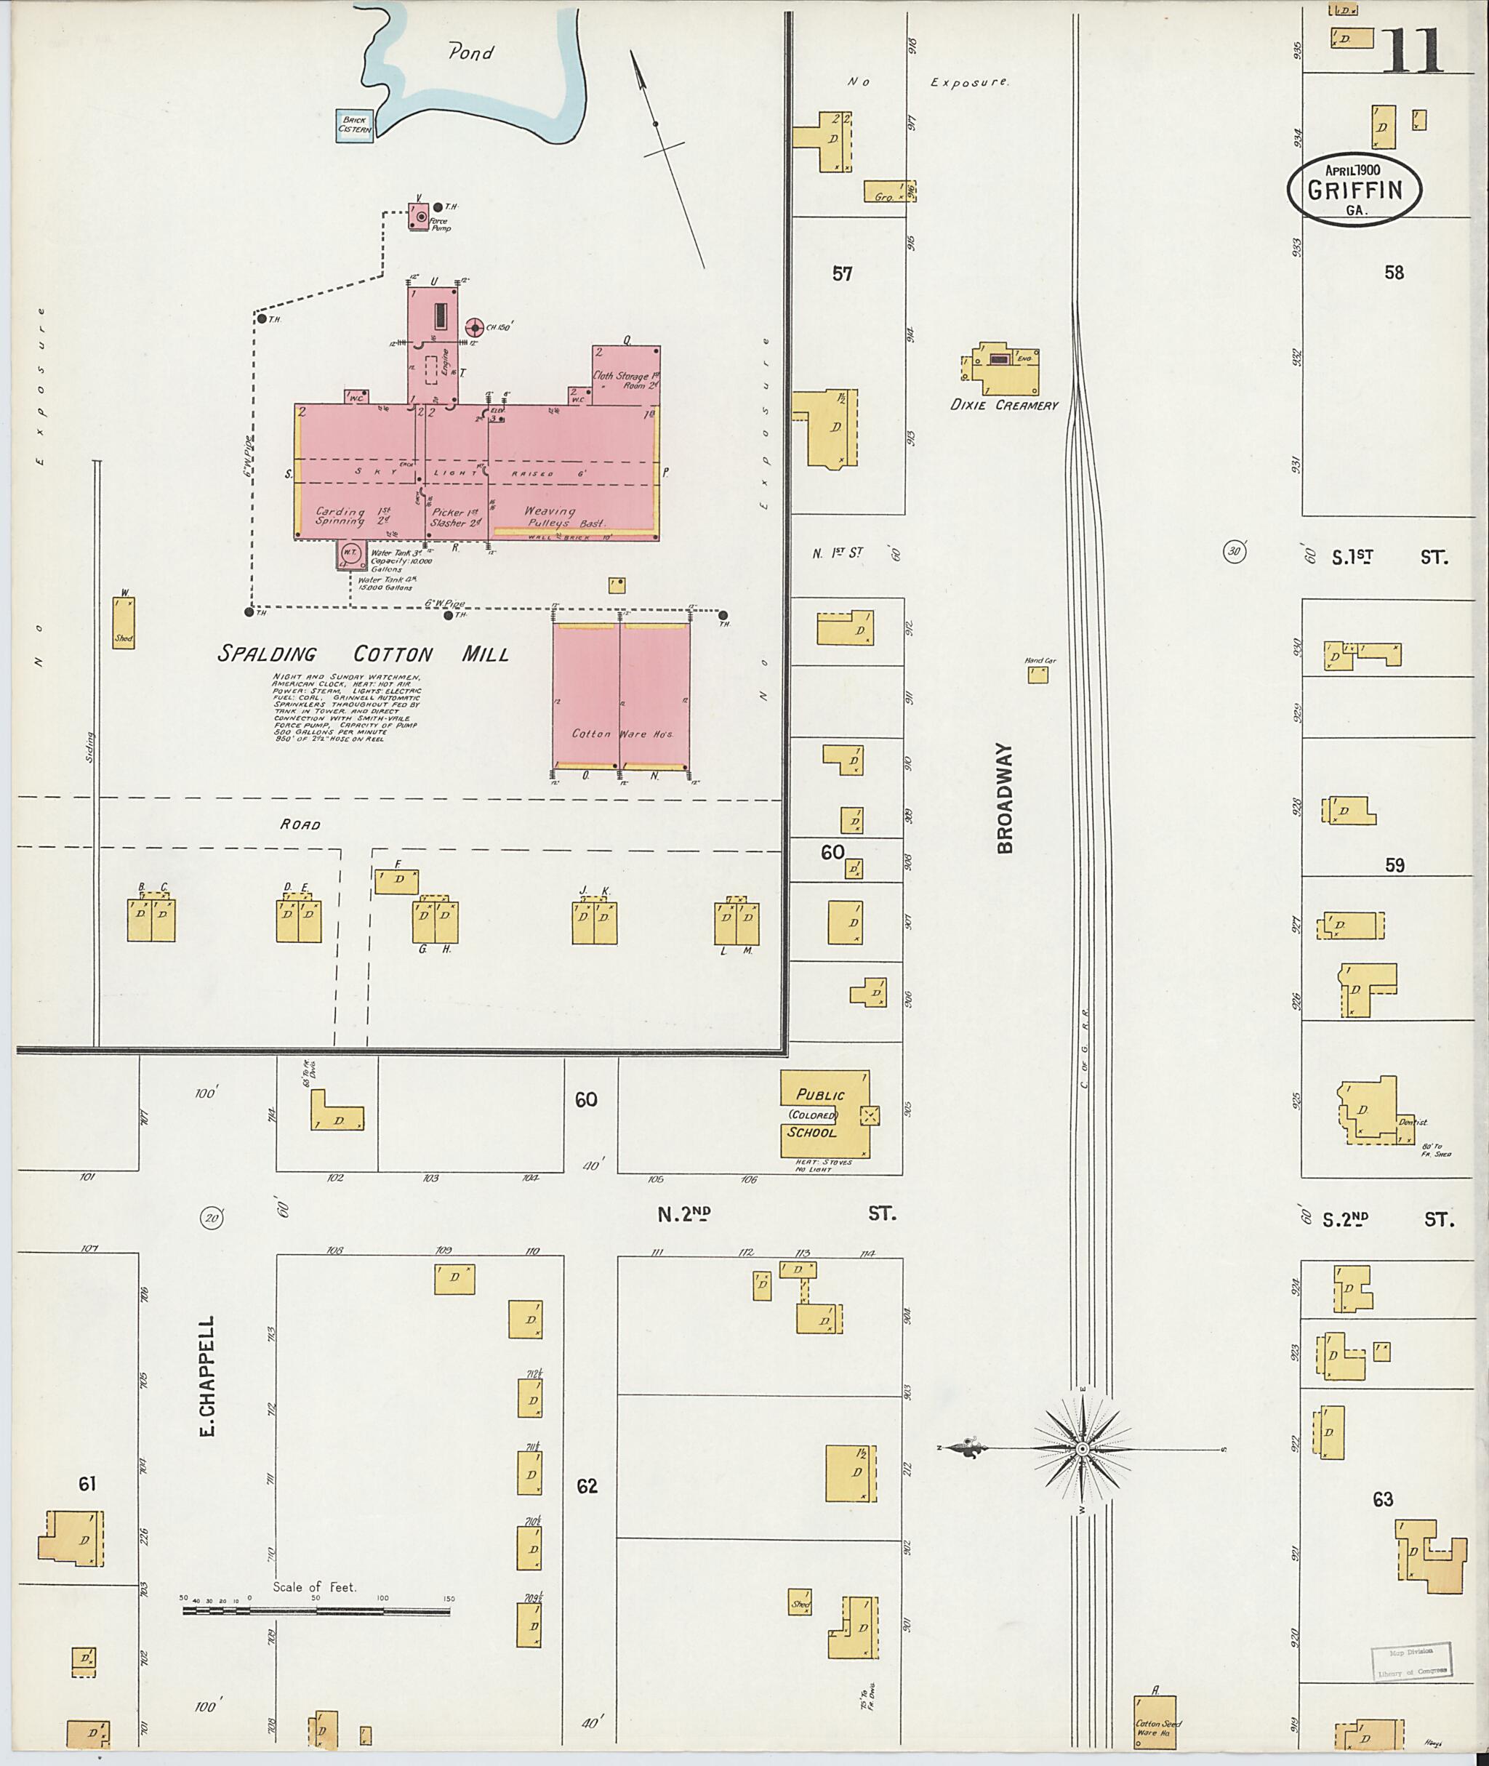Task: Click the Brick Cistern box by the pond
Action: coord(355,126)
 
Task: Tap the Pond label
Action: coord(470,53)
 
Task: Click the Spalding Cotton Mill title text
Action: coord(363,654)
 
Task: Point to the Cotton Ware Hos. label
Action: coord(622,734)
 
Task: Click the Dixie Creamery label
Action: coord(1003,405)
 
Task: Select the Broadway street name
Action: coord(1005,798)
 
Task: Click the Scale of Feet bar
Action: coord(316,1610)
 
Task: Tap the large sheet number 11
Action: coord(1412,51)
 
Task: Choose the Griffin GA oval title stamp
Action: coord(1354,190)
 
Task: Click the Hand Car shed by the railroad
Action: coord(1038,674)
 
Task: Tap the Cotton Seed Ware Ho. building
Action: coord(1155,1721)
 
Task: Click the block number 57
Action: coord(842,273)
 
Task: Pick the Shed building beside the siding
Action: coord(124,624)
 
